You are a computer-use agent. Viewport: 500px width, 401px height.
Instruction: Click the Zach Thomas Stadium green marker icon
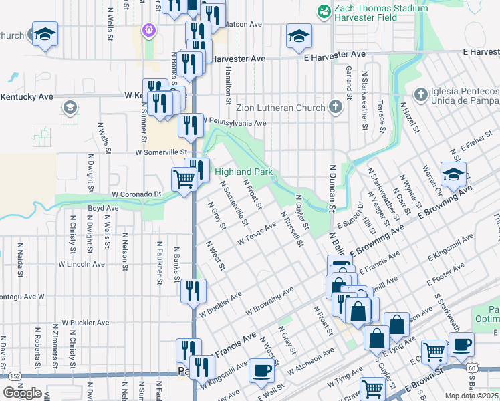(324, 11)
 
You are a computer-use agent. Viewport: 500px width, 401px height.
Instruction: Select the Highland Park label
(244, 172)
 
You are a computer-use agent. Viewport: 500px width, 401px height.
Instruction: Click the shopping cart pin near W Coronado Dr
(184, 179)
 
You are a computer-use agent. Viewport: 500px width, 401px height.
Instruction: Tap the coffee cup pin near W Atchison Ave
(261, 370)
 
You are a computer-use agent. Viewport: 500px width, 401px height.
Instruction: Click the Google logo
(22, 393)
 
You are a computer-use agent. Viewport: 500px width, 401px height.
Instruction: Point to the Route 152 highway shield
(15, 377)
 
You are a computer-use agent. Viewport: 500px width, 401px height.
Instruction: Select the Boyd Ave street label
(103, 208)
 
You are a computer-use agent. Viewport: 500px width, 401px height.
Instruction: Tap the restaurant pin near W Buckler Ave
(193, 290)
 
